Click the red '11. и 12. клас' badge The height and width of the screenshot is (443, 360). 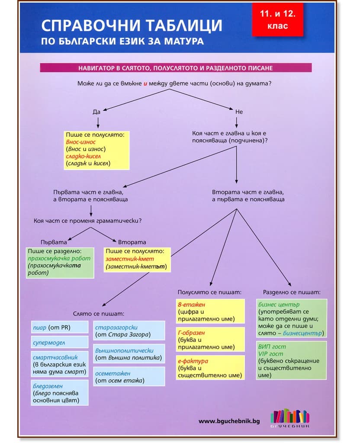(x=277, y=20)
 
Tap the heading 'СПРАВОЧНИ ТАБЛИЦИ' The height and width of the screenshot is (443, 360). (x=132, y=26)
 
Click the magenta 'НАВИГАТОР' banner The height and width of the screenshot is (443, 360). (x=176, y=68)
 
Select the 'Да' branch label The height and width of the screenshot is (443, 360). (x=96, y=112)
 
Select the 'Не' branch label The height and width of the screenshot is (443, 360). (x=239, y=112)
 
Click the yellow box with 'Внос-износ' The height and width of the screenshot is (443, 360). (x=96, y=150)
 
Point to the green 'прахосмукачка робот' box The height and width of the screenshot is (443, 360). (x=60, y=263)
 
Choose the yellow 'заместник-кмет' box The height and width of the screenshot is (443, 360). (x=137, y=260)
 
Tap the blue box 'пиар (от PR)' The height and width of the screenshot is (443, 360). (x=60, y=327)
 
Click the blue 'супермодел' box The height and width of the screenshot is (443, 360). (x=60, y=343)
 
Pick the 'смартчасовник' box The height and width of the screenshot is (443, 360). (x=60, y=364)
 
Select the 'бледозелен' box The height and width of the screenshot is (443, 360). (x=60, y=393)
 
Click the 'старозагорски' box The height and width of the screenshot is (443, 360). (x=129, y=331)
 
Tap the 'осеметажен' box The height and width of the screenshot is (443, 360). (x=129, y=377)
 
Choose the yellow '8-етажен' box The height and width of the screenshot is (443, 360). (x=210, y=311)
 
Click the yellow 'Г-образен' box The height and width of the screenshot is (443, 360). (x=210, y=339)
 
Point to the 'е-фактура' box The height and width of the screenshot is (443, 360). (x=210, y=368)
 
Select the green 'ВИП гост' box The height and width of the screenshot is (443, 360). (x=291, y=360)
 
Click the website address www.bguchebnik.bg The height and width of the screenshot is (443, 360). (x=229, y=421)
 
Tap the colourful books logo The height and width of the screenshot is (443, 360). (x=290, y=418)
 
